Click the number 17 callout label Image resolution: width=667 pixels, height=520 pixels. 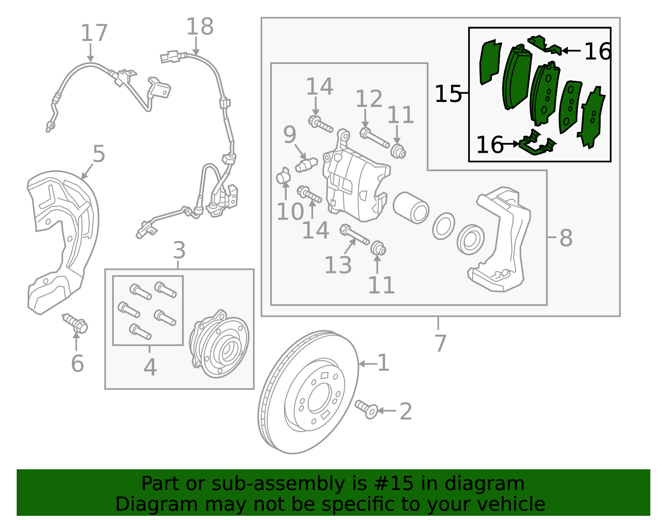(94, 33)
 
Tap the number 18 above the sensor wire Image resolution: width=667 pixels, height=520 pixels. (200, 27)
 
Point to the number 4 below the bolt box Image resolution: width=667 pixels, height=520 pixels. (150, 367)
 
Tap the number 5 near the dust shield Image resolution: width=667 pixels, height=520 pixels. (99, 154)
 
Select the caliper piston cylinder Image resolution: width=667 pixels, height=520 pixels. (411, 207)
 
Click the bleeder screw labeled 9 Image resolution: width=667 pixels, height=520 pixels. (306, 164)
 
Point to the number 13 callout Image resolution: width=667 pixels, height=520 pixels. (338, 265)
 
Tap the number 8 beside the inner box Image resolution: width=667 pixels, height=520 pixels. (566, 238)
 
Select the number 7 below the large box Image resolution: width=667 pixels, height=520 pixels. (440, 343)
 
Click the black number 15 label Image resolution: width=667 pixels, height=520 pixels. (448, 94)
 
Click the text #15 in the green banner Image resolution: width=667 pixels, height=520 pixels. (394, 484)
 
